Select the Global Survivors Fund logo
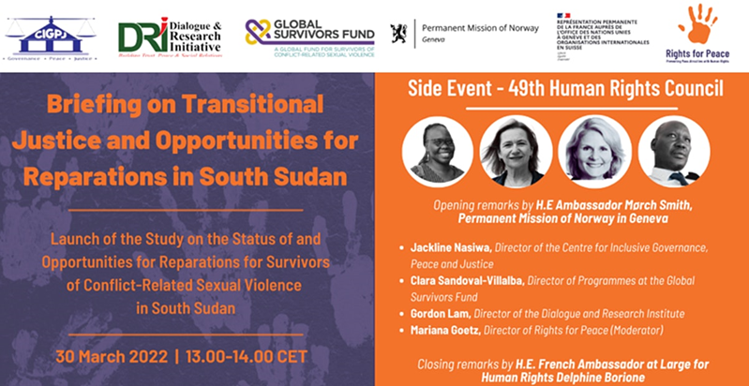click(x=309, y=38)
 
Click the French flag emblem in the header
click(x=563, y=16)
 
